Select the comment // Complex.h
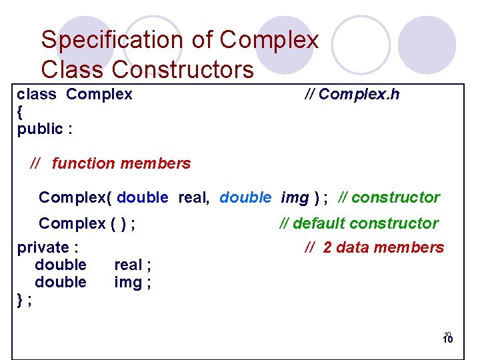(x=352, y=94)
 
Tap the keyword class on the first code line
(x=37, y=94)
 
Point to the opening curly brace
(x=20, y=111)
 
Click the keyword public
(x=41, y=129)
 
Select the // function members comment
(x=111, y=163)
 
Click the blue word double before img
(x=245, y=197)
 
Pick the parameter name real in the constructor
(x=194, y=197)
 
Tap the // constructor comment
(x=389, y=197)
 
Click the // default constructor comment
(x=359, y=223)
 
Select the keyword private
(x=43, y=247)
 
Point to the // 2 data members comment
(x=374, y=247)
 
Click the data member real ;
(x=132, y=265)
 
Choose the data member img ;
(x=132, y=282)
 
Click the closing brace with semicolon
(x=23, y=300)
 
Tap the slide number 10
(x=447, y=338)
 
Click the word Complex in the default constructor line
(x=72, y=223)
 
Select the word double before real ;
(x=61, y=265)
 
